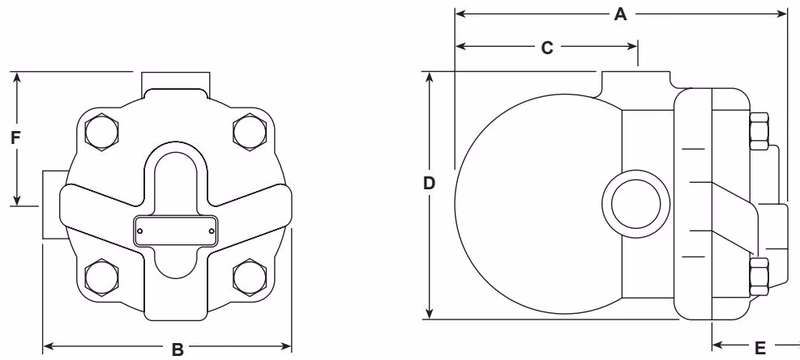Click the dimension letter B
tap(177, 349)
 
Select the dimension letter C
tap(546, 47)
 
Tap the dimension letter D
tap(429, 184)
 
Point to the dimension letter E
tap(760, 348)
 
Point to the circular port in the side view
tap(629, 196)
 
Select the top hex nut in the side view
tap(759, 127)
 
